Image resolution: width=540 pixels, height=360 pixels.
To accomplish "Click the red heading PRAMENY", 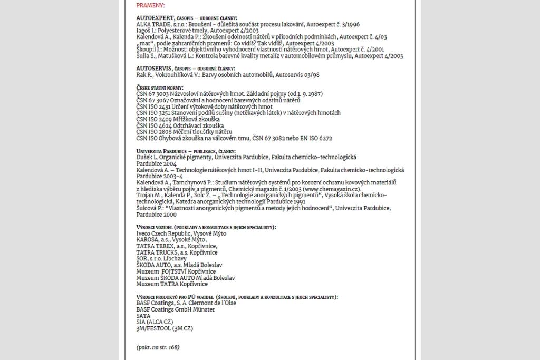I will tap(150, 6).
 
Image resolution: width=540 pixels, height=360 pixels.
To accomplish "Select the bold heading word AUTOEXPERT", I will tap(155, 18).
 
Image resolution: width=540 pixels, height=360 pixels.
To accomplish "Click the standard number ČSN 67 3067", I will tap(152, 100).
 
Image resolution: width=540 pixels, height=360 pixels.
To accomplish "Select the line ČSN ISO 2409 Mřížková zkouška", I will tap(176, 119).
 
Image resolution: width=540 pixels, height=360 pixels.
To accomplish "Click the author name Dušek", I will tap(145, 157).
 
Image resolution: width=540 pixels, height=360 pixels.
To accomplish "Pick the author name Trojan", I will tap(146, 195).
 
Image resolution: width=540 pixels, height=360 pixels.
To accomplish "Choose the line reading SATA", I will tap(143, 315).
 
